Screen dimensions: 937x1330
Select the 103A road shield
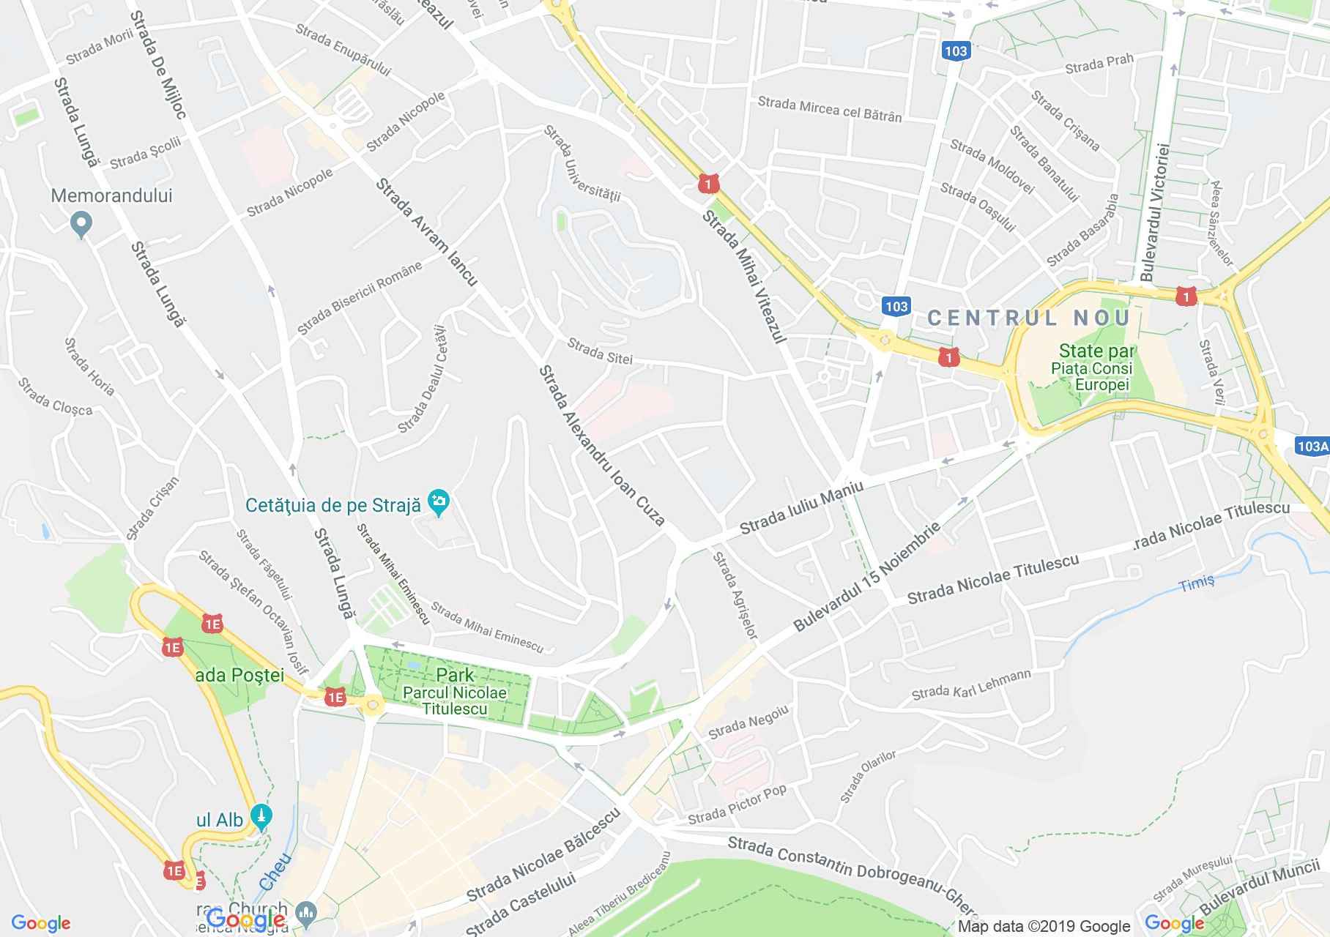1312,446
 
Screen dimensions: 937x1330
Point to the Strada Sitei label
599,351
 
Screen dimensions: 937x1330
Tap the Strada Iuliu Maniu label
802,507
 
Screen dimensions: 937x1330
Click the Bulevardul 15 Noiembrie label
866,578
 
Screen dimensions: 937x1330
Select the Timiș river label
1197,583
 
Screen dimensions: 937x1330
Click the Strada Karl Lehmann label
971,684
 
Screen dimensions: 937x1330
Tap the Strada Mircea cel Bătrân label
830,109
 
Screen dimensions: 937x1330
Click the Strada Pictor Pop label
737,804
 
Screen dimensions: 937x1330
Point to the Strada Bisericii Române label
360,298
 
